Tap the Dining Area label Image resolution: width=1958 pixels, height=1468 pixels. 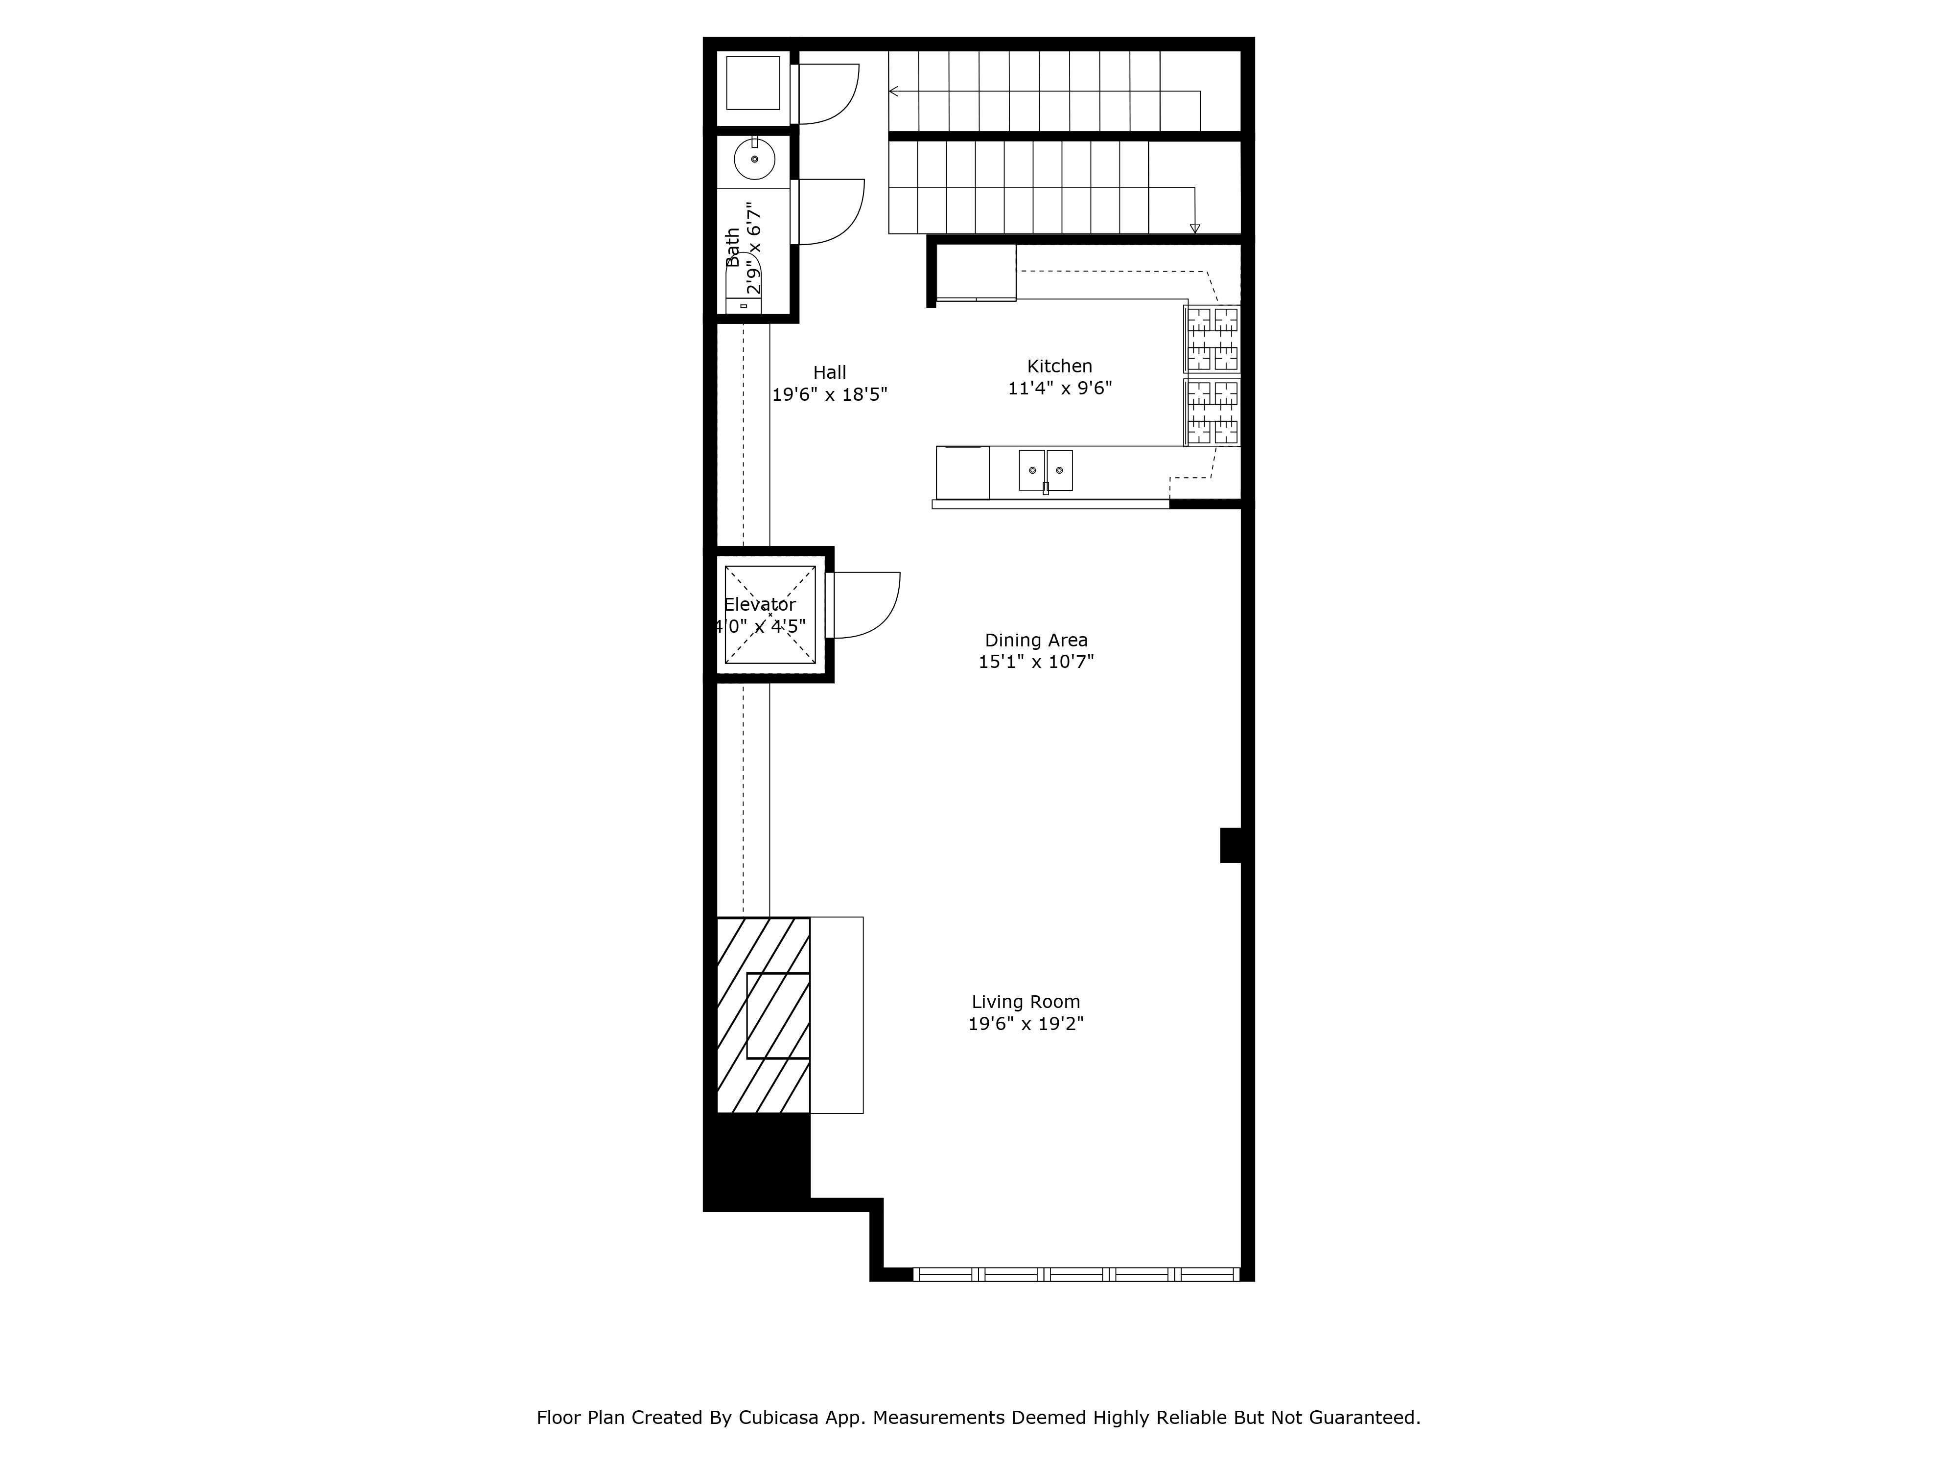click(1036, 640)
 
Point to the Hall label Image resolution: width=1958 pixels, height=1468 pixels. click(829, 372)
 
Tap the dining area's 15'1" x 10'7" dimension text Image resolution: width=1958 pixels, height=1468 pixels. click(1036, 662)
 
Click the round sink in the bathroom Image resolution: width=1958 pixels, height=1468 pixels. click(754, 159)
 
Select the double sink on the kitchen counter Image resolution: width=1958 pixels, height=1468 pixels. click(1046, 470)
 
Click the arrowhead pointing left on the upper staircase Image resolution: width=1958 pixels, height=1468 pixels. click(894, 90)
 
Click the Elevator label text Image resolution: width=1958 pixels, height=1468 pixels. click(760, 604)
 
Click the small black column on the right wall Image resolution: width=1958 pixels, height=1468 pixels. click(1231, 845)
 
